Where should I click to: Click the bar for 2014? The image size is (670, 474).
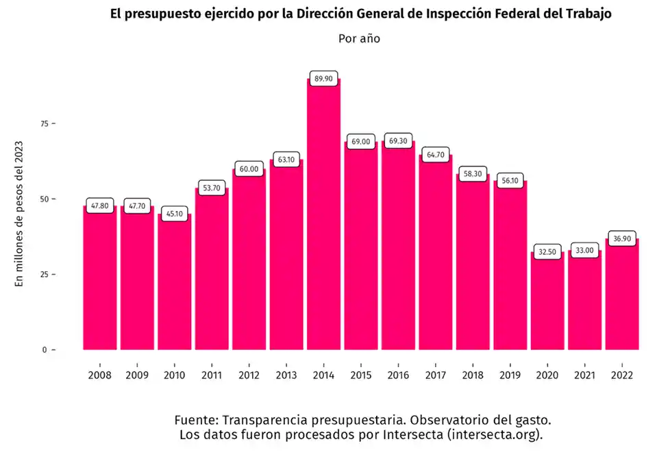[323, 216]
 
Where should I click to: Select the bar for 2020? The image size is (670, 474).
[547, 301]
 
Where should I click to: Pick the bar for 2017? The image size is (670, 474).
[436, 253]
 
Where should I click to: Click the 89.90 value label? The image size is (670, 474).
[323, 79]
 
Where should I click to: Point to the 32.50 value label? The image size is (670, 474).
[547, 252]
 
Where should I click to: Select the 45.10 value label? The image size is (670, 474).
[175, 214]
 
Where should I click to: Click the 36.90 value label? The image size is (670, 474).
[621, 238]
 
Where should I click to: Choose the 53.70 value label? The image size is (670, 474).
[212, 188]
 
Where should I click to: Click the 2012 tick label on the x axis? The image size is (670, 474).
[249, 375]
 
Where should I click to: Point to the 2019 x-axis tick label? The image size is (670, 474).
[510, 375]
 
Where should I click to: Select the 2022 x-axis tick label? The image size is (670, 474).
[621, 375]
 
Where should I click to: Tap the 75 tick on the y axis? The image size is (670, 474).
[45, 124]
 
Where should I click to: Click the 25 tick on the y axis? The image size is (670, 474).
[45, 275]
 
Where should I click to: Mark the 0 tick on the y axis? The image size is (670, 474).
[46, 350]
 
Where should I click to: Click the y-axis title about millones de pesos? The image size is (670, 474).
[20, 213]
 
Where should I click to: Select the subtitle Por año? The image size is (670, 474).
[359, 38]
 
